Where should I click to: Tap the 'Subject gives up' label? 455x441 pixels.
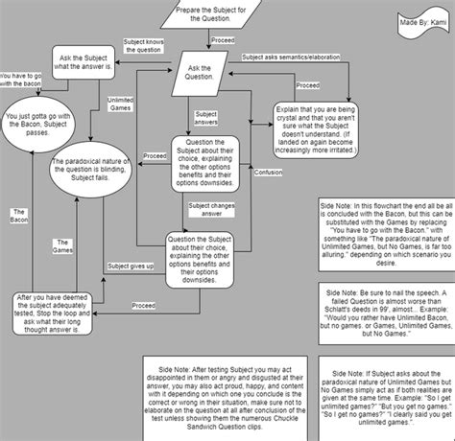point(132,266)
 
